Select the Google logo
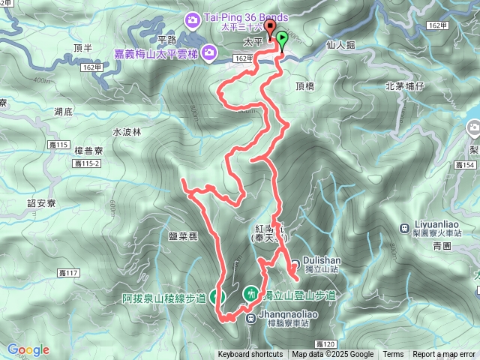[28, 349]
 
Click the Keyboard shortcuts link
[250, 355]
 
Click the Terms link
[393, 355]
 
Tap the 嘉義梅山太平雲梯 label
[154, 52]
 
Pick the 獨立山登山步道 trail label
[297, 295]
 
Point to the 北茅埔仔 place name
[404, 86]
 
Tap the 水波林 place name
[127, 132]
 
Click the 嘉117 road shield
[67, 272]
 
